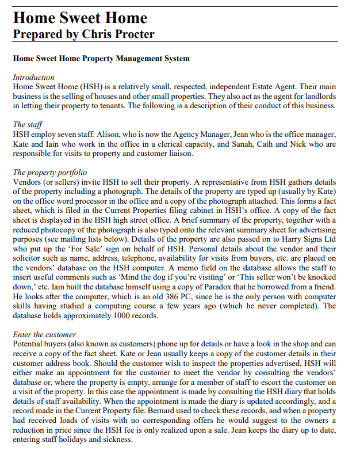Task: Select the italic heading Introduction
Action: pos(33,77)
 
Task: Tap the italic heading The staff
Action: pos(27,124)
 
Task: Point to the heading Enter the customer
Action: pos(44,334)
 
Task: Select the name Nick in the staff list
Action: pos(294,143)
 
